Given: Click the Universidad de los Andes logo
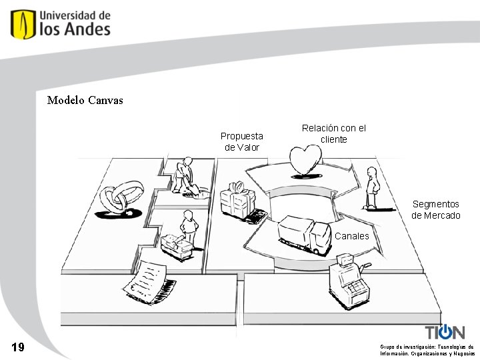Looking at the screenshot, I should point(60,24).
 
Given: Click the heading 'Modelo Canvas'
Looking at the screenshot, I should point(85,101).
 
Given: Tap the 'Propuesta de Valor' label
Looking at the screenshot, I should point(242,141).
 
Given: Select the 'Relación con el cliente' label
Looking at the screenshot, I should point(334,133).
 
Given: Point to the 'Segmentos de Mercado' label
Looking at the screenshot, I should point(435,209).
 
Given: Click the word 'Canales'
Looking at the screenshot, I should point(351,236).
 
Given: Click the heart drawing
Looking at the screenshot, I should point(305,161).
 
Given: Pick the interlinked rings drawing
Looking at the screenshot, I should point(121,197).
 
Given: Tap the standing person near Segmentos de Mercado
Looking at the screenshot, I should point(372,188).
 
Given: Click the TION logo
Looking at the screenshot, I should point(445,332).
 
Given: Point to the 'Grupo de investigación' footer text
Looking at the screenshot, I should point(427,350).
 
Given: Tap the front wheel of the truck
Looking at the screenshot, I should point(311,250).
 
